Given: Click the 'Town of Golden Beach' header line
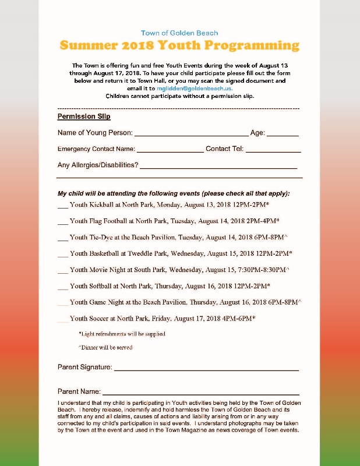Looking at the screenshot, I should (179, 33).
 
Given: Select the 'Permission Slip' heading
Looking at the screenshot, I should (84, 116).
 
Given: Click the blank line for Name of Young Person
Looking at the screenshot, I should (191, 134).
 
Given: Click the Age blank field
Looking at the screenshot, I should (283, 134).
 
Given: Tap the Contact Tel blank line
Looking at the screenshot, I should (273, 150).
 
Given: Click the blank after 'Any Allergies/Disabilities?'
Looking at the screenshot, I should (218, 167).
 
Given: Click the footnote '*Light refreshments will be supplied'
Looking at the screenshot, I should (122, 334).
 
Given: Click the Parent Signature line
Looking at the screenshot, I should (206, 369).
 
